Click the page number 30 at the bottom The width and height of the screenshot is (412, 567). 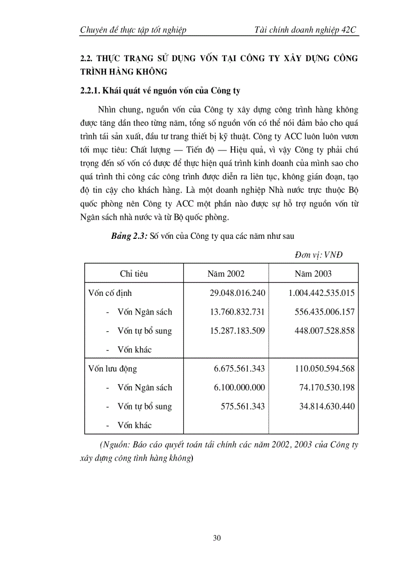point(217,538)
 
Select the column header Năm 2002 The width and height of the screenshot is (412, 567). point(226,274)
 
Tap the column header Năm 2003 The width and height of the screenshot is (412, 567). point(313,274)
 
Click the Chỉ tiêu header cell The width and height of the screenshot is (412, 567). point(134,274)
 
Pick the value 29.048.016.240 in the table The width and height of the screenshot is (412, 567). point(237,293)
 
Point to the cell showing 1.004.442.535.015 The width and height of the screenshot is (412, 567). point(321,293)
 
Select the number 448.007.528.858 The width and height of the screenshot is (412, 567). point(325,331)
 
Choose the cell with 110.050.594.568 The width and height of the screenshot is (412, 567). point(325,369)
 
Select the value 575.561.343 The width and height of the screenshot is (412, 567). point(243,406)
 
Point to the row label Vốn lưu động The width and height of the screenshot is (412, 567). point(113,369)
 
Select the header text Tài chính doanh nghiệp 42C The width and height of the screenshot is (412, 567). point(306,30)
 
